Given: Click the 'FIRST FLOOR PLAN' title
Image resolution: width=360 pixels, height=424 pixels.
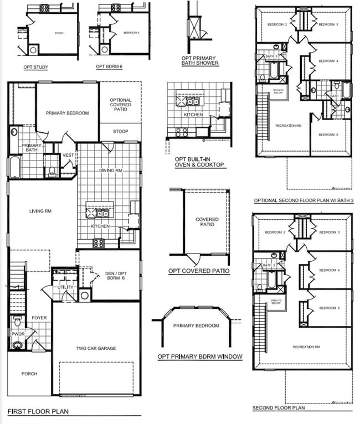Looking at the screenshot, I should click(x=34, y=412).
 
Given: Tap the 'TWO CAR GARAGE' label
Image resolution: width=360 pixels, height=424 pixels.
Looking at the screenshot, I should click(x=96, y=348).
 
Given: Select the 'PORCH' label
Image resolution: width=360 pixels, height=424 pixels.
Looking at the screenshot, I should click(x=29, y=374).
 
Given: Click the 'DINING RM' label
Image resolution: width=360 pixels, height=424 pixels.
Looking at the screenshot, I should click(x=110, y=170).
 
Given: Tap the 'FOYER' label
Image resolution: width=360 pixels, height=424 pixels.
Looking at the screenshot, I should click(x=39, y=318).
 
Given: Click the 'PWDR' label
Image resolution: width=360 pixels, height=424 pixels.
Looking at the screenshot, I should click(x=18, y=334).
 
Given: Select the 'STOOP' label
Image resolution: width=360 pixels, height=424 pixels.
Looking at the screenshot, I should click(x=120, y=132).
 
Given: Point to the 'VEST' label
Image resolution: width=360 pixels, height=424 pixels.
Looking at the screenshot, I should click(x=68, y=155).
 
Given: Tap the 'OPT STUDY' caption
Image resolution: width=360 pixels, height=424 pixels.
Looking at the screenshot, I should click(x=36, y=68).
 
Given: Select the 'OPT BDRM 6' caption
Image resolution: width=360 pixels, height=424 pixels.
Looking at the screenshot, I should click(x=109, y=68).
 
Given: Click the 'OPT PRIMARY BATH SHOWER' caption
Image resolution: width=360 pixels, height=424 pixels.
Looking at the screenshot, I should click(x=199, y=60).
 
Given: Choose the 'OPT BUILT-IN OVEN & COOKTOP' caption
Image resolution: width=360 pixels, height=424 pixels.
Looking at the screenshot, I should click(x=199, y=162).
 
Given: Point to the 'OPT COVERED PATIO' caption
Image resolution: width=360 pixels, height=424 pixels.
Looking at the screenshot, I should click(x=199, y=271).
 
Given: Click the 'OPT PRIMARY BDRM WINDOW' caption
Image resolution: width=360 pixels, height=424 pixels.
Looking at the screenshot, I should click(x=200, y=356).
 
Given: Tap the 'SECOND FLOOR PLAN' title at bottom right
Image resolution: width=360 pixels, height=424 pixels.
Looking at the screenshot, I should click(x=279, y=408).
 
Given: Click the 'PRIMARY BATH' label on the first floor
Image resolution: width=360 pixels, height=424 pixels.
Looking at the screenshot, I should click(x=32, y=148).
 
